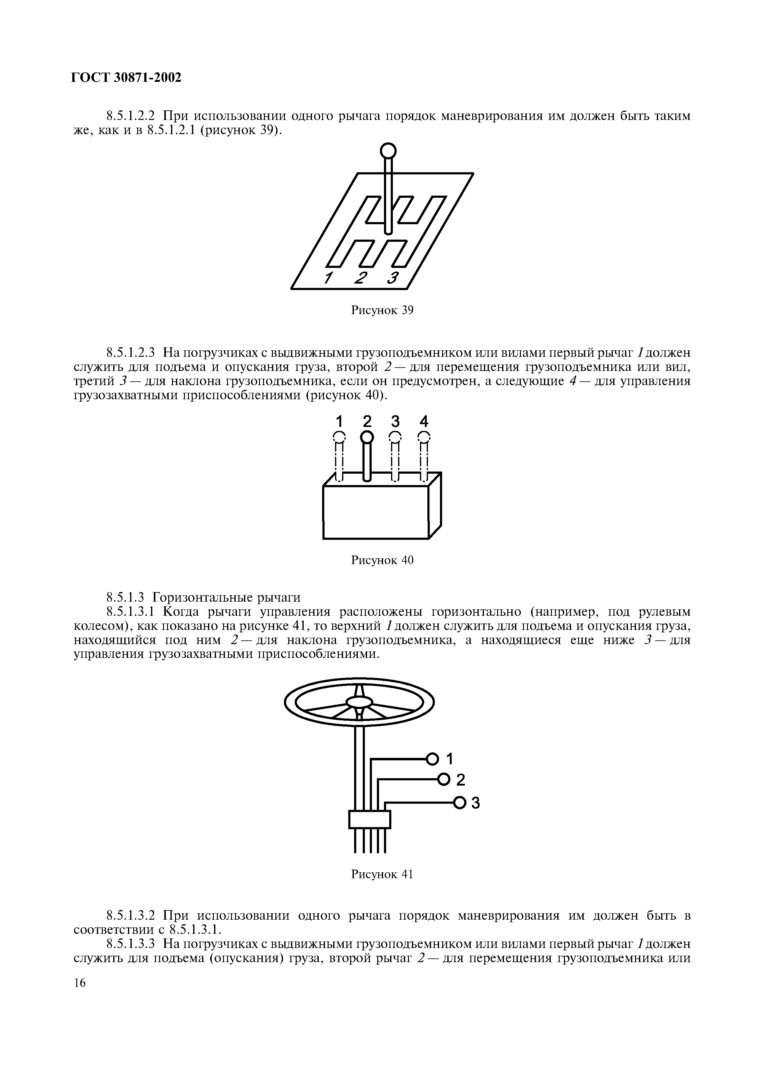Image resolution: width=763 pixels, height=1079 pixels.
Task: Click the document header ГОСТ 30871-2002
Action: (126, 78)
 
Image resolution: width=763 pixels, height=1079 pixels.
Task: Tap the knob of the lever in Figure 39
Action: (388, 151)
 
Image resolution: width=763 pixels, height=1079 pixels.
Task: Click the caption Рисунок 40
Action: (382, 560)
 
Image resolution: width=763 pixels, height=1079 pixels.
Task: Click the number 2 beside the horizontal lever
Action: (461, 780)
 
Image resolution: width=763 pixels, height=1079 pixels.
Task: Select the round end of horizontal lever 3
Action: (460, 802)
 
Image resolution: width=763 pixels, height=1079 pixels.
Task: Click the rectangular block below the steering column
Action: (370, 820)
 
